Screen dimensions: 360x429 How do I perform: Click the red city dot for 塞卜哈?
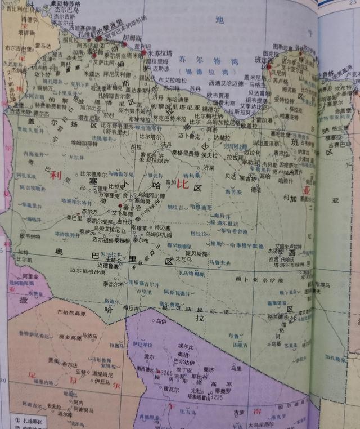point(120,207)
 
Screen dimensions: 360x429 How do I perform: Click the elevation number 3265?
point(166,373)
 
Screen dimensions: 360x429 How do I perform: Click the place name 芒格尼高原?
point(74,312)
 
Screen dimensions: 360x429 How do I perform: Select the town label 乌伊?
point(161,321)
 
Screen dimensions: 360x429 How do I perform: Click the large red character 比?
point(181,184)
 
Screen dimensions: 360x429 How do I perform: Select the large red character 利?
point(55,175)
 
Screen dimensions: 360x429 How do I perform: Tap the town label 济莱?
point(209,168)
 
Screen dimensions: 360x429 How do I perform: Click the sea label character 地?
point(219,20)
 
